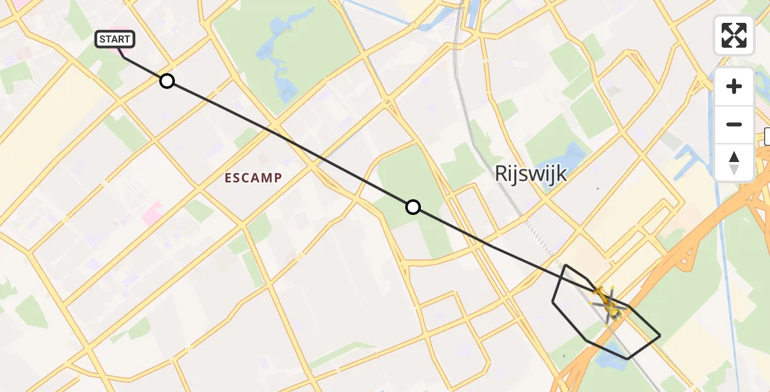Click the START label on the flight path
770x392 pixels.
point(115,39)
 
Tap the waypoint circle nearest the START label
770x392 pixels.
point(167,81)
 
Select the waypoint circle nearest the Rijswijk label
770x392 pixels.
point(412,207)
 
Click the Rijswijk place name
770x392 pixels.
point(530,174)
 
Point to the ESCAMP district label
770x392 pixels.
point(253,178)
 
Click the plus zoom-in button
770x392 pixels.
point(734,86)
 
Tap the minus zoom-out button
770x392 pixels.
point(734,124)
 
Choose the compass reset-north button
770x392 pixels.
point(734,162)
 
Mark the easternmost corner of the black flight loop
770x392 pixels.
point(660,335)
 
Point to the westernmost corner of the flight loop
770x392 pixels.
point(553,302)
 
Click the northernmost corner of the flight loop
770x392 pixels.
point(566,265)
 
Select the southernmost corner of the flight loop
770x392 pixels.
point(628,359)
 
